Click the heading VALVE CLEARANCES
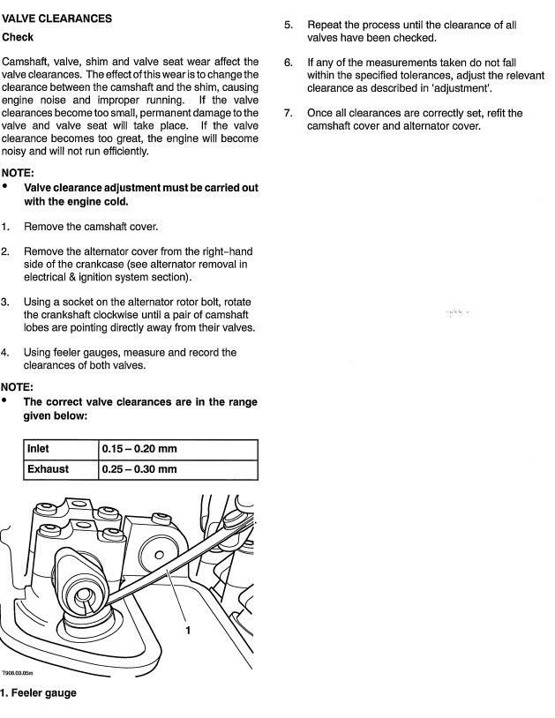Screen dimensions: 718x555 (x=56, y=19)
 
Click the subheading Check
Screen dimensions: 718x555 (x=19, y=38)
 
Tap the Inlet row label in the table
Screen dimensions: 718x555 (x=38, y=449)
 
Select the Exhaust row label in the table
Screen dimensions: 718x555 (x=48, y=469)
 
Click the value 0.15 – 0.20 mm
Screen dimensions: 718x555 (x=139, y=449)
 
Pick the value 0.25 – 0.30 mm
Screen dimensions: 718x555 (x=139, y=469)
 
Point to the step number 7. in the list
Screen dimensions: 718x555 (x=288, y=114)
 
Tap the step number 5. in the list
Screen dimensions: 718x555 (x=288, y=26)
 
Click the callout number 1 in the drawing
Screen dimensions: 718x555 (x=188, y=630)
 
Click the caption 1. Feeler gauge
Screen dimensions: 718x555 (x=39, y=693)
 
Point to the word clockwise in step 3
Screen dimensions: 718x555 (x=133, y=315)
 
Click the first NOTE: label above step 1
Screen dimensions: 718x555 (x=18, y=173)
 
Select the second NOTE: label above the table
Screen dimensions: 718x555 (x=18, y=387)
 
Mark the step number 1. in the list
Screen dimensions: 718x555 (x=6, y=227)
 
